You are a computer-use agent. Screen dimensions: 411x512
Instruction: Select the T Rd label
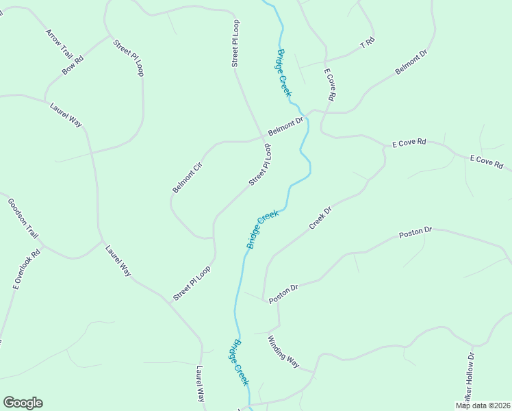(x=368, y=42)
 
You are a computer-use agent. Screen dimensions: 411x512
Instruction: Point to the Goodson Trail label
(x=23, y=218)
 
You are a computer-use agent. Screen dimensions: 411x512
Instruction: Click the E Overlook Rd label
(x=27, y=269)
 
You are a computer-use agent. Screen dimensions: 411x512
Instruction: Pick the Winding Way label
(x=283, y=352)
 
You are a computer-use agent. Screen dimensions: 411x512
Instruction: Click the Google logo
(x=23, y=403)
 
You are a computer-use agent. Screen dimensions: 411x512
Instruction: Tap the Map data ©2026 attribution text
(x=483, y=406)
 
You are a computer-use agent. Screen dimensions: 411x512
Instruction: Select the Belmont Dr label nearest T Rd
(x=411, y=62)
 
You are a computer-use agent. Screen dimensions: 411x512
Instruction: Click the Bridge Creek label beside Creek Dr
(x=262, y=229)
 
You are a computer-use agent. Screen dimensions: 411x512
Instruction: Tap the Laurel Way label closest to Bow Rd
(x=66, y=114)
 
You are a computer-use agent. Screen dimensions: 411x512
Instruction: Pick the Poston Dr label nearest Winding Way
(x=284, y=295)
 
